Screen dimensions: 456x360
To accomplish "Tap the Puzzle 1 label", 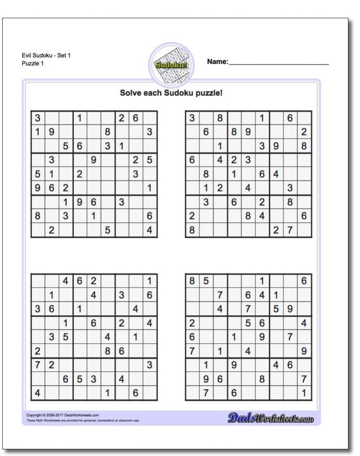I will [32, 63].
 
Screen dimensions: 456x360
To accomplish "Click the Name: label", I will [218, 61].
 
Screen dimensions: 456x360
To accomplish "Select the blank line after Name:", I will [279, 64].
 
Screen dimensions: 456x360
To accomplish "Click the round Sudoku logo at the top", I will [170, 65].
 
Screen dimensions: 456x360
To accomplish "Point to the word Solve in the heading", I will [129, 93].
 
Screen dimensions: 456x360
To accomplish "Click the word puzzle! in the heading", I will [208, 93].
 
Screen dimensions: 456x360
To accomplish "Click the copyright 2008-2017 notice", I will [63, 415].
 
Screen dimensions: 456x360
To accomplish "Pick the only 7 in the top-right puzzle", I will [290, 230].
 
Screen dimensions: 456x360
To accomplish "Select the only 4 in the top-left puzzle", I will [150, 230].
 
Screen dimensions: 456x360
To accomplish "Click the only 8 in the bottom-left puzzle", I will [107, 351].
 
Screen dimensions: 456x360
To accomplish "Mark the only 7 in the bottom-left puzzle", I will [37, 365].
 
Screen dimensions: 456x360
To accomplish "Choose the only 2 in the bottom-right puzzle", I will [192, 323].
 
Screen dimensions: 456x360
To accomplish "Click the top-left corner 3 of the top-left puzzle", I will [37, 118].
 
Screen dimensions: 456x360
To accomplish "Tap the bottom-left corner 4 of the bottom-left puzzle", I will [37, 393].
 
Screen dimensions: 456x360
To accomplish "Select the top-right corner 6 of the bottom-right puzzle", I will [304, 281].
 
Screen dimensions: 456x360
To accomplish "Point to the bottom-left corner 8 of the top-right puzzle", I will [192, 230].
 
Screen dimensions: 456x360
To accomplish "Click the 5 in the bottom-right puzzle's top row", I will [206, 281].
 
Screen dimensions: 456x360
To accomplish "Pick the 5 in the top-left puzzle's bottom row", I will [107, 230].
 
